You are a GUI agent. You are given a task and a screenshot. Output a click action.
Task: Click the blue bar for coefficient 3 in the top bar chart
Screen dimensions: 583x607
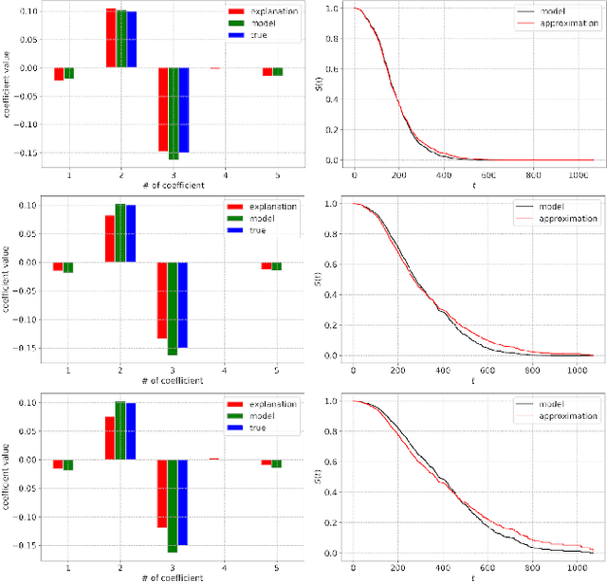point(183,110)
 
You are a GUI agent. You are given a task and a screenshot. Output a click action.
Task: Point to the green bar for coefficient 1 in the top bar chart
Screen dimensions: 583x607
point(68,74)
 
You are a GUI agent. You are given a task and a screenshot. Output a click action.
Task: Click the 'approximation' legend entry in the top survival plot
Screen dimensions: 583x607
point(563,23)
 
